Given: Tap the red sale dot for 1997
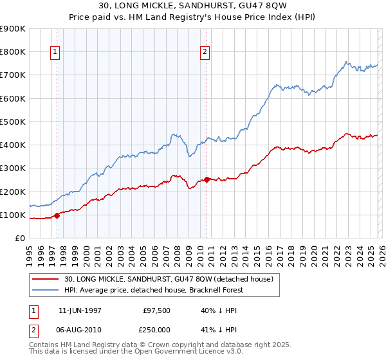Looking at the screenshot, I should (x=57, y=215).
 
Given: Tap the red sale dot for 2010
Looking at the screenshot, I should (x=207, y=179).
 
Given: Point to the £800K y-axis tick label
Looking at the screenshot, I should (x=12, y=51).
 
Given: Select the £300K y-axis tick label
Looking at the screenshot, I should (x=12, y=168).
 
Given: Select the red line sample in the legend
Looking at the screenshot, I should (x=46, y=279).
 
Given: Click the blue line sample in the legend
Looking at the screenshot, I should (x=46, y=289).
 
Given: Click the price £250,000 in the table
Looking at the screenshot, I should (x=156, y=330).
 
